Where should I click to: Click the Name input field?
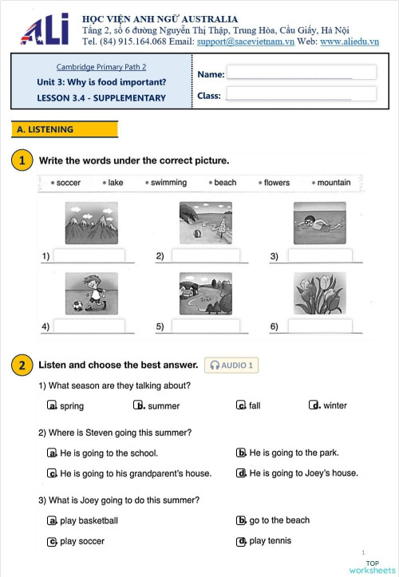(301, 73)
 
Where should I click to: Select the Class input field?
(301, 94)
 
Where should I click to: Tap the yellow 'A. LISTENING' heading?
(65, 129)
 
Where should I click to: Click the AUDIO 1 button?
(231, 366)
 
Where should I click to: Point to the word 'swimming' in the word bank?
(168, 183)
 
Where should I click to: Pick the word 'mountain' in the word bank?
(334, 183)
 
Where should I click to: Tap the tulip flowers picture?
(319, 294)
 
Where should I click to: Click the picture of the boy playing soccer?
(90, 294)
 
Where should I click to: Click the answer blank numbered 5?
(205, 326)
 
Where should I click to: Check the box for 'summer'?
(138, 405)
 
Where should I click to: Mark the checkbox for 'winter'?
(314, 405)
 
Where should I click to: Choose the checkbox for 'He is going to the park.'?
(241, 453)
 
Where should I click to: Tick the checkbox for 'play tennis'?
(241, 541)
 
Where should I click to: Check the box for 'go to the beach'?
(241, 520)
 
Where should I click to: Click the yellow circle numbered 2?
(22, 366)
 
